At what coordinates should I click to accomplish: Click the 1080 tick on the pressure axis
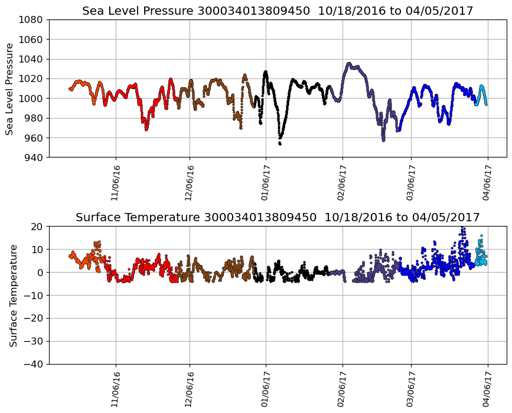click(x=32, y=20)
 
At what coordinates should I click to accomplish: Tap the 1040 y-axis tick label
click(x=32, y=59)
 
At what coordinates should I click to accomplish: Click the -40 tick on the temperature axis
click(x=32, y=364)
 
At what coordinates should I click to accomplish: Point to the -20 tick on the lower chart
click(x=32, y=318)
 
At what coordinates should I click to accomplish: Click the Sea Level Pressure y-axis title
click(x=9, y=88)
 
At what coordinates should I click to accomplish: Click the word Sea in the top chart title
click(x=92, y=11)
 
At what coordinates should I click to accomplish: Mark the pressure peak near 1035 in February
click(x=349, y=63)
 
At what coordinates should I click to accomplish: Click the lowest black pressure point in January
click(x=280, y=143)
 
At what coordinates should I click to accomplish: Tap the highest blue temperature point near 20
click(x=462, y=228)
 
